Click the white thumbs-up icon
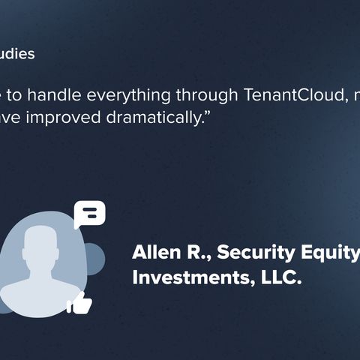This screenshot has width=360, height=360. pos(79,303)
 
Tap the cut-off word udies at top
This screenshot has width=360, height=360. pos(16,54)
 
